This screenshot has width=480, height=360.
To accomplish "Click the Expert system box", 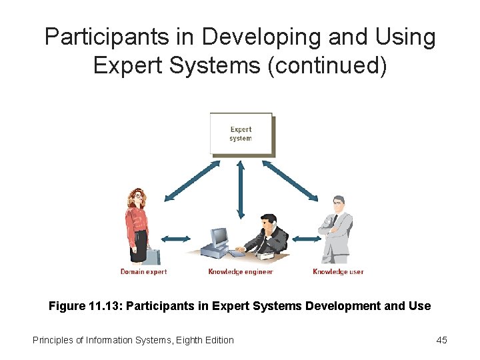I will pyautogui.click(x=241, y=134).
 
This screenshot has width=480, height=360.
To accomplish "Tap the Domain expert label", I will pyautogui.click(x=143, y=272).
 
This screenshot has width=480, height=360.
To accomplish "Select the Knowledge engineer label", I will pyautogui.click(x=240, y=272).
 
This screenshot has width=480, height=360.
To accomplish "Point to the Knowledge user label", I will pyautogui.click(x=338, y=272).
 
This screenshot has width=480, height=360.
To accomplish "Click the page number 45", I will pyautogui.click(x=441, y=340).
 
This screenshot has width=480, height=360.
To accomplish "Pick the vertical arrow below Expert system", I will pyautogui.click(x=241, y=189).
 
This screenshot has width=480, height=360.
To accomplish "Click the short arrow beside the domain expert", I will pyautogui.click(x=174, y=238).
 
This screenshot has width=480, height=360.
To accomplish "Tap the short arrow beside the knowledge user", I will pyautogui.click(x=305, y=238).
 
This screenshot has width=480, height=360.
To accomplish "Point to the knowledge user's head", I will pyautogui.click(x=339, y=202).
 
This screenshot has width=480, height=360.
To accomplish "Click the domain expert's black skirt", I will pyautogui.click(x=139, y=246).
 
